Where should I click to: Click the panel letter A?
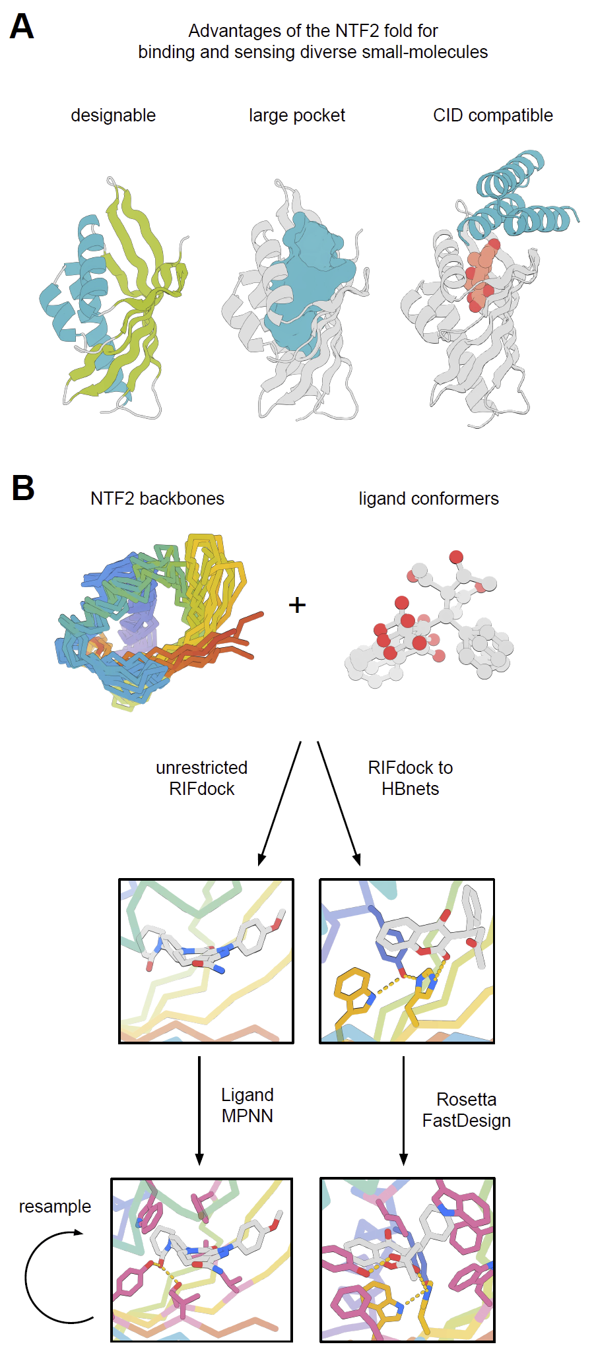tap(22, 28)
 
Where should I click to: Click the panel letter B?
tap(23, 489)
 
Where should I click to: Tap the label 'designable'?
tap(113, 115)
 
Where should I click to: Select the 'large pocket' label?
tap(296, 115)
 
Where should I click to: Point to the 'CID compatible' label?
tap(492, 115)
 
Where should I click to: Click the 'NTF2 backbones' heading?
tap(157, 499)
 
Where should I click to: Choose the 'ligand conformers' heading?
tap(428, 499)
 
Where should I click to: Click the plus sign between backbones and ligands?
tap(298, 605)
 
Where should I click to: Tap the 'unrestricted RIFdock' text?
tap(201, 778)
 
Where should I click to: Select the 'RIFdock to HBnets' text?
tap(410, 778)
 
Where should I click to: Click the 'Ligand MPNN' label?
tap(248, 1105)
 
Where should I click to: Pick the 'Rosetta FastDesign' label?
tap(466, 1110)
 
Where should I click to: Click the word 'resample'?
tap(55, 1206)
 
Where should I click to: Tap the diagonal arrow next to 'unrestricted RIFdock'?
tap(281, 802)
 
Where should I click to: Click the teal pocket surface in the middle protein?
tap(307, 277)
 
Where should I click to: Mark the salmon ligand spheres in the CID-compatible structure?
tap(480, 274)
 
